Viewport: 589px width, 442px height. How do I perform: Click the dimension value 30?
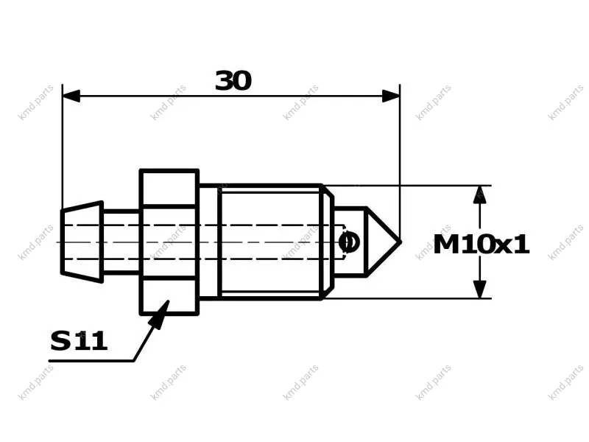point(233,80)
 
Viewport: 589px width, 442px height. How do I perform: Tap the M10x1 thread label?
point(482,245)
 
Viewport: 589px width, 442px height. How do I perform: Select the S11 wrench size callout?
point(79,341)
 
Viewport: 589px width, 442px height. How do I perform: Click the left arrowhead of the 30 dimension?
point(71,96)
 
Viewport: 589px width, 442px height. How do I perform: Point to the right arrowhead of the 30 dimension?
point(391,96)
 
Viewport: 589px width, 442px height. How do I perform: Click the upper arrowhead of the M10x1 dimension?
point(480,194)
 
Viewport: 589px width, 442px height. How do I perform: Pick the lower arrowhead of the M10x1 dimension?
point(480,290)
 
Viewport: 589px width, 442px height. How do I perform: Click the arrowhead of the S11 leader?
point(160,315)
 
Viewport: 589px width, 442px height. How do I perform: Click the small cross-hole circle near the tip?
point(349,242)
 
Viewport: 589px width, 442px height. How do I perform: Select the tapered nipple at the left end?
point(82,242)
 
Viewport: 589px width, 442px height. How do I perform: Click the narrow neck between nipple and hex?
point(121,242)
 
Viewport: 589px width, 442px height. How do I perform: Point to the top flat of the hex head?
point(169,188)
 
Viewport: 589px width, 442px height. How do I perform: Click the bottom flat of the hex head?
point(169,297)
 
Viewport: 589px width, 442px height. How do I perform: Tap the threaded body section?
point(270,242)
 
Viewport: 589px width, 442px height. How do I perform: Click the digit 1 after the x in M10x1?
point(521,245)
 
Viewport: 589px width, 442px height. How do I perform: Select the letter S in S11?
point(60,341)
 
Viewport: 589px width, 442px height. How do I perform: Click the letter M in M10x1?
point(447,245)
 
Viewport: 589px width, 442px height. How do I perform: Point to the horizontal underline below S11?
point(91,361)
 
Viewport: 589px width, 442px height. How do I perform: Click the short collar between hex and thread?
point(208,242)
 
